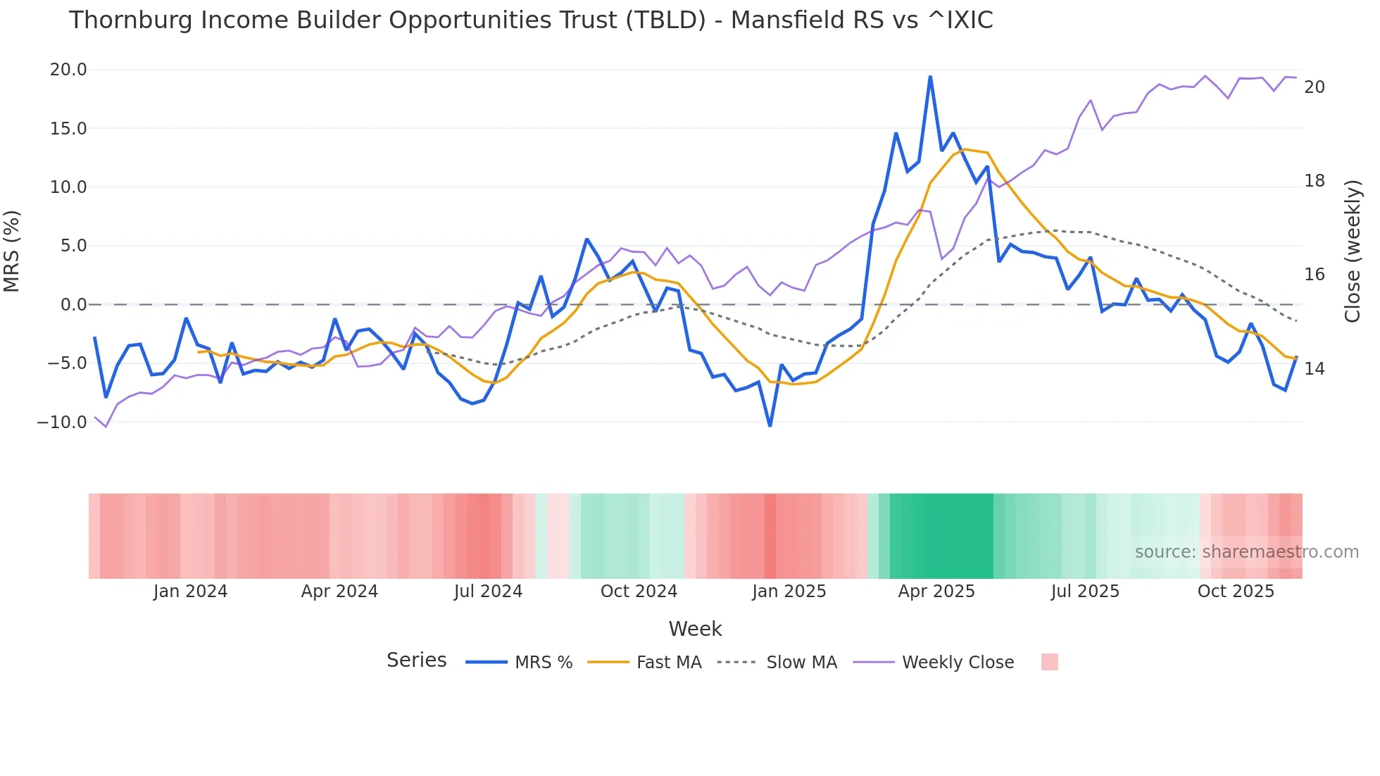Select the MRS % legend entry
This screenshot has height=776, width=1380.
click(543, 663)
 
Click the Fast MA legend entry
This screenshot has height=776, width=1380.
click(668, 663)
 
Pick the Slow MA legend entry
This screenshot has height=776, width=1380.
click(801, 663)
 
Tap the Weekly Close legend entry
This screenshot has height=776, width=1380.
click(958, 663)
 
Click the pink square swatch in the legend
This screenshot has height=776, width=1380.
click(1049, 662)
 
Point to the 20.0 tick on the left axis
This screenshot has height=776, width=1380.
click(68, 70)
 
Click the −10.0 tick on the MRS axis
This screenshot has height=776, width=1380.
click(62, 423)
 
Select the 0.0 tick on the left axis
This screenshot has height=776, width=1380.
click(73, 305)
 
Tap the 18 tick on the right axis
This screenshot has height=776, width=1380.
click(1315, 181)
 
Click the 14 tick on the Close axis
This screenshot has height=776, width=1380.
click(1315, 369)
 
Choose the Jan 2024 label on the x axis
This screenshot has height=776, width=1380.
click(190, 592)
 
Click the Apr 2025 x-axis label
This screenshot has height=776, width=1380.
click(936, 592)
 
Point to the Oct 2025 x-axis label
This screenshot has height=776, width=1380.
click(1236, 592)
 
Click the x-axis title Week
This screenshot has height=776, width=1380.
click(695, 629)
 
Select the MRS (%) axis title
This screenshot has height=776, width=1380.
click(12, 251)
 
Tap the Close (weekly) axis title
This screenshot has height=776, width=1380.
click(1353, 251)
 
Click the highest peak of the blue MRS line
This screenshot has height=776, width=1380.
click(930, 77)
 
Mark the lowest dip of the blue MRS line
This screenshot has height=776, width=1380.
click(770, 426)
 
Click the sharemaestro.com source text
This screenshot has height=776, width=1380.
click(1246, 552)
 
